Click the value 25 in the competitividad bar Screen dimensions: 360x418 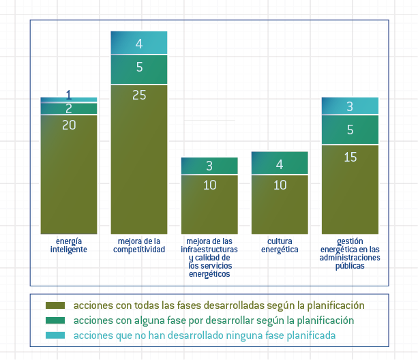139,95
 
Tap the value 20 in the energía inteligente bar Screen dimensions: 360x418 69,125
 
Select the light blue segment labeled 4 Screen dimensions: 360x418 139,43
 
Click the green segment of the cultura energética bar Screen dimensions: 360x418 280,164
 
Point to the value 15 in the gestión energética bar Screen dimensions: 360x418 350,157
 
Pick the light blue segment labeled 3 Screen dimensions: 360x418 350,106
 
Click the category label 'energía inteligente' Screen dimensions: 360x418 68,245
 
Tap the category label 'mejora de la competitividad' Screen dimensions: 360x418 139,245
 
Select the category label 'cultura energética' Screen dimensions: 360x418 280,245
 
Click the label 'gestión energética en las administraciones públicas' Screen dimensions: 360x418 350,254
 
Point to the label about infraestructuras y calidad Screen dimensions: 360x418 209,258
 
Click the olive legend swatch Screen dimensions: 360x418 55,305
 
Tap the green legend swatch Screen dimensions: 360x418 55,320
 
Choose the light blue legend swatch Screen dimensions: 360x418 55,335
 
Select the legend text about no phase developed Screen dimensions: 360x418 204,335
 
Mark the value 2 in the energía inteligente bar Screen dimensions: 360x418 69,108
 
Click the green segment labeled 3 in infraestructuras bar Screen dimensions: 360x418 209,166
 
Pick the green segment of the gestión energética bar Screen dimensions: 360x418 350,130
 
